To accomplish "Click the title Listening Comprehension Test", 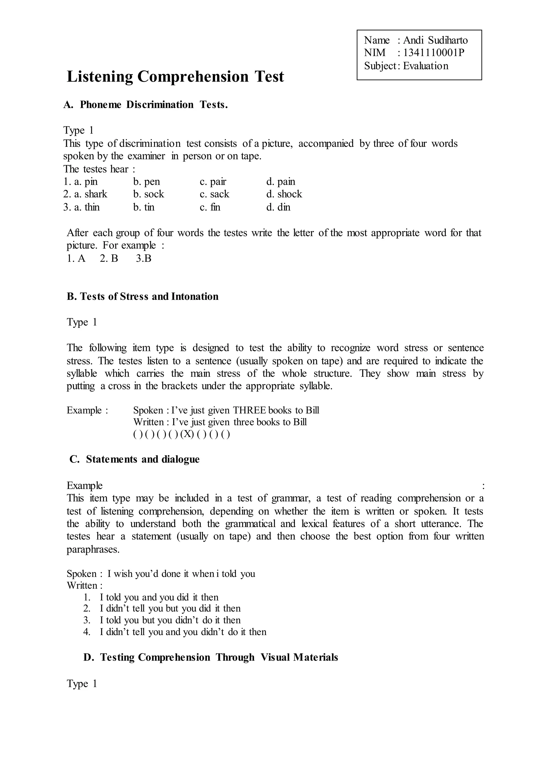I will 175,76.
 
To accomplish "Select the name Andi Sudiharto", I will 435,40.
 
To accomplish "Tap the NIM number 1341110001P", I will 433,53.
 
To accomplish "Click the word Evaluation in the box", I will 425,66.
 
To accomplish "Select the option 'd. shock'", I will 284,194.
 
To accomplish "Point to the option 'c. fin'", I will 210,207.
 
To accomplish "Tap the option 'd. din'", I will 278,207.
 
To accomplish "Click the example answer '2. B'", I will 109,259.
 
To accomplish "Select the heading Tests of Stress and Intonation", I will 143,296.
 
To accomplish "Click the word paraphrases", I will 93,549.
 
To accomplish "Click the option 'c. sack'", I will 215,194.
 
